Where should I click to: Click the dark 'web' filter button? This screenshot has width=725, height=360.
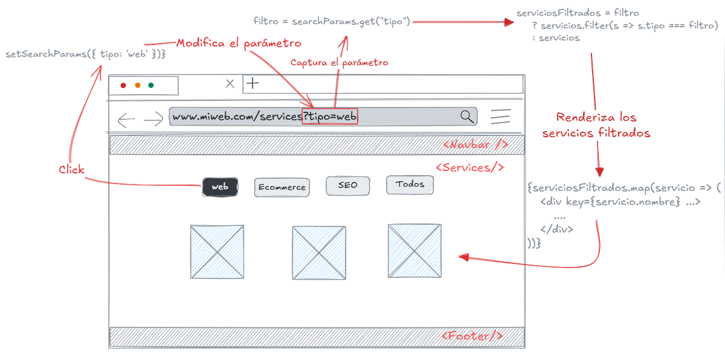coord(220,187)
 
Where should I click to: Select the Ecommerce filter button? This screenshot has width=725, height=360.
coord(282,187)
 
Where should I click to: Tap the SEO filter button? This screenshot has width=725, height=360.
coord(347,185)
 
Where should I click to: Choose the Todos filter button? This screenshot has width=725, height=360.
coord(410,184)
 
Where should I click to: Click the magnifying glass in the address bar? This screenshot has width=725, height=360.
coord(467,117)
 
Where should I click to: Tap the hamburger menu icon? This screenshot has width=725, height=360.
coord(501,117)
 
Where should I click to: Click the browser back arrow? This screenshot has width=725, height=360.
coord(126,120)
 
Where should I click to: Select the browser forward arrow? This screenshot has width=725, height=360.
coord(153,120)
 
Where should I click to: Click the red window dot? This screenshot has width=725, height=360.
coord(123,86)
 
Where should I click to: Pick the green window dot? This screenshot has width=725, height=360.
coord(151,86)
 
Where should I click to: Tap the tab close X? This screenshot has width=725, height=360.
coord(230,84)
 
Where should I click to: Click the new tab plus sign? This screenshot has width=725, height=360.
coord(252,83)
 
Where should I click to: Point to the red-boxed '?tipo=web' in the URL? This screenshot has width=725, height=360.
coord(330,116)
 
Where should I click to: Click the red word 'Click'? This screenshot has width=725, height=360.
coord(71,170)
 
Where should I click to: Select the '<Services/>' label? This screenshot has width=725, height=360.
coord(469,167)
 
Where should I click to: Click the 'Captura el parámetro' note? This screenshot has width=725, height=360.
coord(339,62)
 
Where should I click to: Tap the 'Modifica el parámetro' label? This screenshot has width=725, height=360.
coord(238,43)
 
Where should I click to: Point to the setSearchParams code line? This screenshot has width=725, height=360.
coord(85,54)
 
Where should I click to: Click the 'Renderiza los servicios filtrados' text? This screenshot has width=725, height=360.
coord(596,125)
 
